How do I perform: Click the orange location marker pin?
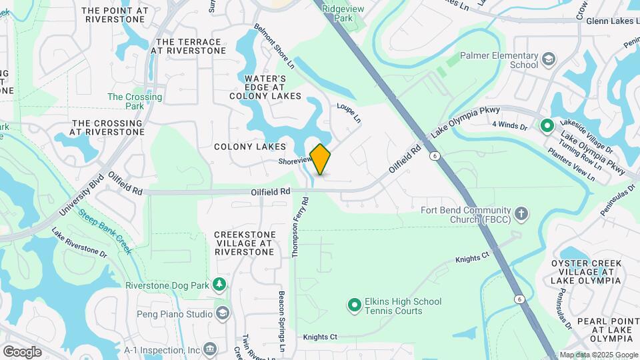click(321, 159)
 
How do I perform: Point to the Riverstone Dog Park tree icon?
click(219, 285)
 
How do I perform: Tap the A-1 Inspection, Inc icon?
click(210, 349)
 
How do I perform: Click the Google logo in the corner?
click(22, 351)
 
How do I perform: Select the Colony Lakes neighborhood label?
click(250, 146)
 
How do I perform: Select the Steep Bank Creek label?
click(105, 231)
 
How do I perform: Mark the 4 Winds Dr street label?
click(509, 125)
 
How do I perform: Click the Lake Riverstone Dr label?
click(79, 243)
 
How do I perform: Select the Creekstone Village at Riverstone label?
click(244, 243)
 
